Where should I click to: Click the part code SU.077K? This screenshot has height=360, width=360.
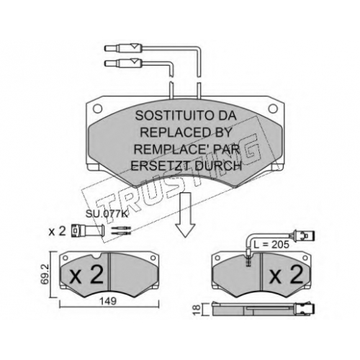coord(107,214)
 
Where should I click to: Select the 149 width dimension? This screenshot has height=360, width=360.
coord(108,301)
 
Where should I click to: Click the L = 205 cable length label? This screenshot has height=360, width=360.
coord(271,245)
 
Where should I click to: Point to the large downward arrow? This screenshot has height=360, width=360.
coord(185,215)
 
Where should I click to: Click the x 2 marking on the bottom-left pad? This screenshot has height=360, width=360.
coord(86,275)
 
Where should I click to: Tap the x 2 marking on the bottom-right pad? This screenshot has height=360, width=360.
coord(286,276)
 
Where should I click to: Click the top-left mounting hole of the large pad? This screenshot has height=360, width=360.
coord(97,109)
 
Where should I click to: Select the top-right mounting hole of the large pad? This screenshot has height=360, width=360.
coord(273,109)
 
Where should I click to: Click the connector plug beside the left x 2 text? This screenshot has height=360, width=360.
coord(88,231)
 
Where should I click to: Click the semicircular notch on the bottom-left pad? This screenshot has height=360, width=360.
coord(97,256)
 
